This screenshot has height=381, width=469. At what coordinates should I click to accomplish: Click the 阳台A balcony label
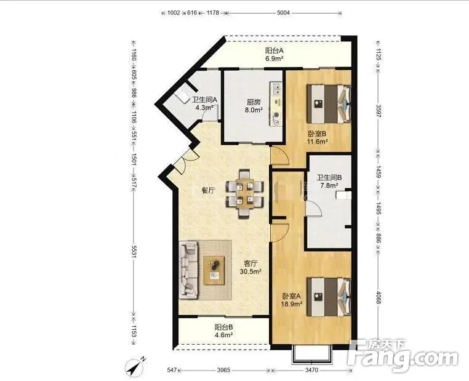tap(274, 50)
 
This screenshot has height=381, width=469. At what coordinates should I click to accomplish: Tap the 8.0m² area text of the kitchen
tap(254, 110)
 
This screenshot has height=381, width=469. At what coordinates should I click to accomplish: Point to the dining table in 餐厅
tap(245, 194)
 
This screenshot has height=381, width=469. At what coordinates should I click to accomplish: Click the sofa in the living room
tap(188, 270)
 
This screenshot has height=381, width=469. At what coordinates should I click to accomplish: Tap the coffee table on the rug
tap(214, 270)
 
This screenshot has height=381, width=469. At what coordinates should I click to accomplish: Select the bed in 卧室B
tap(329, 103)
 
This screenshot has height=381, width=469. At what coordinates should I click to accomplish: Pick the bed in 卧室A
tap(329, 296)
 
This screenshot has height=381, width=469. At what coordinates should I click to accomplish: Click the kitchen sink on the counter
tap(276, 88)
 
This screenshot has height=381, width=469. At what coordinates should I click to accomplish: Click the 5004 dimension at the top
tap(283, 13)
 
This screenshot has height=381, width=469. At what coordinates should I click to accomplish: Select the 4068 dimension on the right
tap(379, 297)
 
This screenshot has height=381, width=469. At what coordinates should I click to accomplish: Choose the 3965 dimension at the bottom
tap(223, 371)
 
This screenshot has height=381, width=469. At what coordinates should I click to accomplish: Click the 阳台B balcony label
tap(224, 327)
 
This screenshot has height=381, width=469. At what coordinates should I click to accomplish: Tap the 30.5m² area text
tap(251, 271)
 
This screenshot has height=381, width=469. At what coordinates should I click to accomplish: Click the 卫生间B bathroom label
tap(329, 178)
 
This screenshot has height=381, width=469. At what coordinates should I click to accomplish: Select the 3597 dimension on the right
tap(379, 111)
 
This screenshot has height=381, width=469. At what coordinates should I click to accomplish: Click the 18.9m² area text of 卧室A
tap(292, 304)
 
